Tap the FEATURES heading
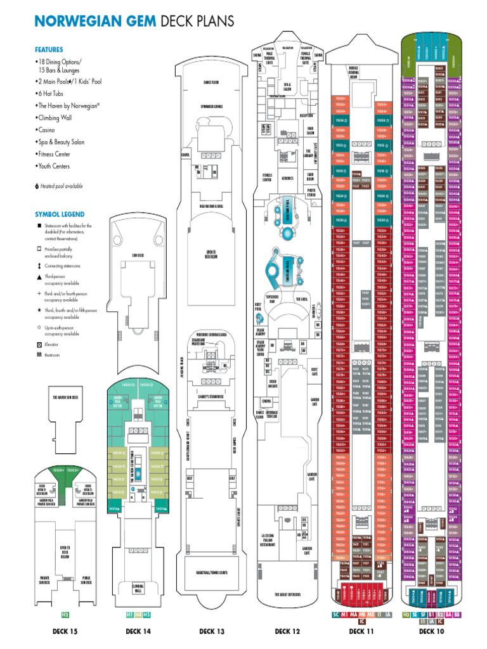coord(49,49)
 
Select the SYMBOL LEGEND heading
coord(60,214)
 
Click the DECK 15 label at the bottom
coord(65,631)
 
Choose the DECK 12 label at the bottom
coord(287,631)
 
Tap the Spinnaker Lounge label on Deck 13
coord(212,106)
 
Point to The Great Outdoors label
coord(287,594)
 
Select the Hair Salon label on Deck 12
coord(311,132)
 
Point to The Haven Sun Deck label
coord(65,397)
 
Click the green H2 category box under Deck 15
coord(65,615)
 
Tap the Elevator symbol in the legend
coord(39,344)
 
